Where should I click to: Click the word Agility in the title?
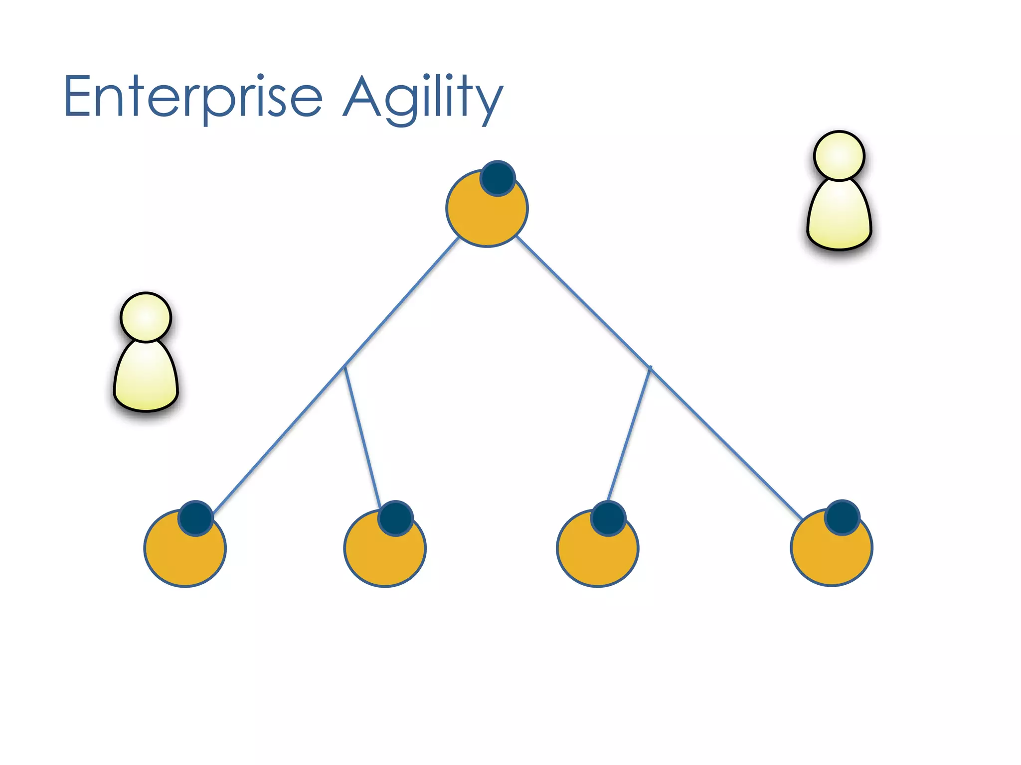[x=423, y=98]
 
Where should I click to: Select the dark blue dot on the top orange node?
[x=498, y=178]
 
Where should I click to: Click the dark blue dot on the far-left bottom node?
[x=196, y=518]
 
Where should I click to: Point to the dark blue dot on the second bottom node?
[x=395, y=518]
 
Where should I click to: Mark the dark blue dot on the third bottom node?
[x=608, y=518]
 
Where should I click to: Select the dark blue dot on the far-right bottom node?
[x=842, y=517]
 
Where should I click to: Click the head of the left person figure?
[x=146, y=317]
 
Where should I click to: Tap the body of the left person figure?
[x=146, y=379]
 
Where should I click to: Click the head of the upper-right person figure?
[x=839, y=155]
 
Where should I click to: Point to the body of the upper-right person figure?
[x=839, y=217]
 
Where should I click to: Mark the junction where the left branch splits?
[x=345, y=367]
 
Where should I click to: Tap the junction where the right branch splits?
[x=650, y=369]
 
